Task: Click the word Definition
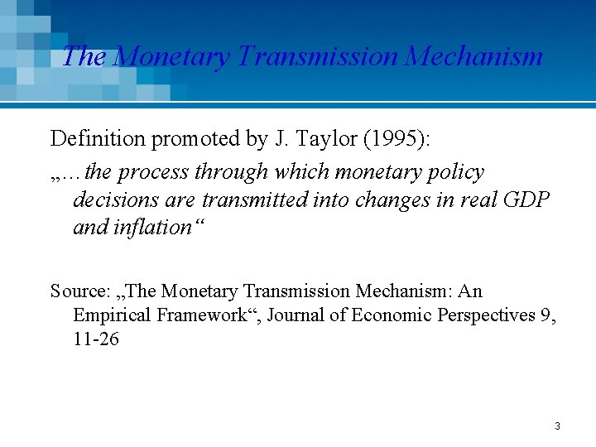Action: tap(98, 139)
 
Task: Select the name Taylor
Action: tap(314, 139)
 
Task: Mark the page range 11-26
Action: tap(96, 339)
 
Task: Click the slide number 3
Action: tap(557, 426)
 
